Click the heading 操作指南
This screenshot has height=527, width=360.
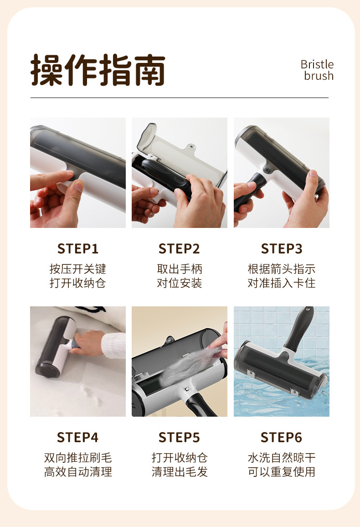tap(98, 70)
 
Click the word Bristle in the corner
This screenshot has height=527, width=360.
tap(317, 64)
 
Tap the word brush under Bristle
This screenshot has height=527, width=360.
tap(319, 76)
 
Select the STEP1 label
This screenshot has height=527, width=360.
tap(78, 249)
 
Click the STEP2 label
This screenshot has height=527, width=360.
tap(180, 249)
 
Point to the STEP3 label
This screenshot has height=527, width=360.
tap(282, 249)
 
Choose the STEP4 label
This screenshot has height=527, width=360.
tap(78, 438)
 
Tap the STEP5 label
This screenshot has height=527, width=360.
tap(180, 438)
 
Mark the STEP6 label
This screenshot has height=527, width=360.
tap(282, 438)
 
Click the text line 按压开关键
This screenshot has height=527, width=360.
tap(78, 269)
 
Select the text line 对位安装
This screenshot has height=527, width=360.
tap(180, 283)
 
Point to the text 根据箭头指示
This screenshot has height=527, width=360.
tap(282, 269)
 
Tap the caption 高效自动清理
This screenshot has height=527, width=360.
tap(78, 472)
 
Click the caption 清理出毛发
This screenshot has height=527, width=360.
tap(180, 472)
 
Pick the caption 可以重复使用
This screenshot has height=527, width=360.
tap(282, 472)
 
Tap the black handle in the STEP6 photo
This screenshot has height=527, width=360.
tap(298, 329)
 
